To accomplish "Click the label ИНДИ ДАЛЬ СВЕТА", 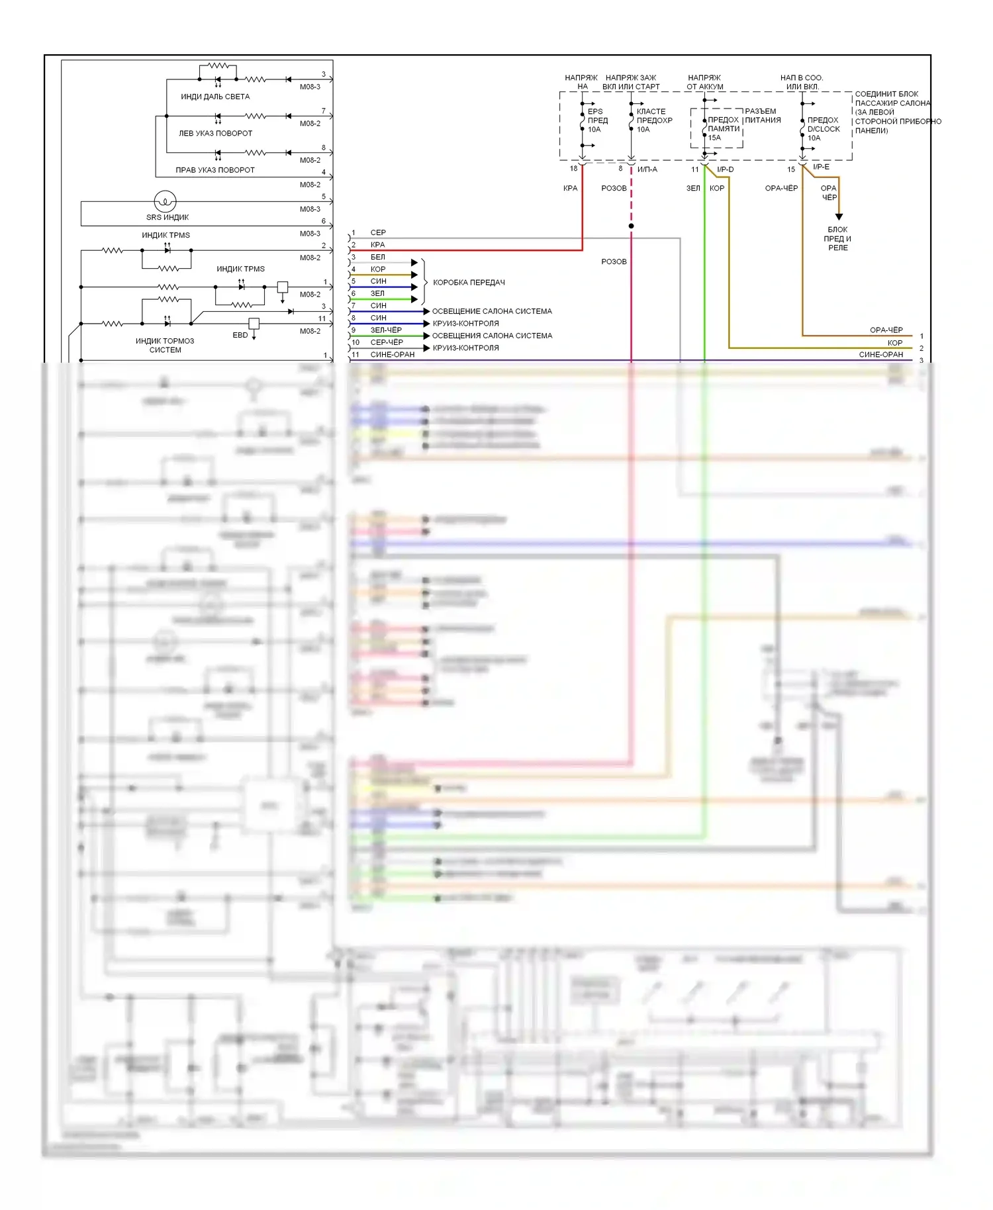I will [x=215, y=97].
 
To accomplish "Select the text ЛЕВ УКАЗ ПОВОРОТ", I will [x=215, y=133].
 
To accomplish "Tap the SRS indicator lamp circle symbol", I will [x=165, y=201].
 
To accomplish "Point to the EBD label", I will [x=240, y=335].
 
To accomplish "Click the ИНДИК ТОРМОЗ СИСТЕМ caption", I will [x=165, y=346].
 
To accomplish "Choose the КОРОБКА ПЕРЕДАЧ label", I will [x=469, y=283].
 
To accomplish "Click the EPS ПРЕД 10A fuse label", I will [x=597, y=120].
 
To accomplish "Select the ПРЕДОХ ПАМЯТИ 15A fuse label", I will [x=723, y=129].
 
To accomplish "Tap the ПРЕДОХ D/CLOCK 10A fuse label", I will [x=823, y=129].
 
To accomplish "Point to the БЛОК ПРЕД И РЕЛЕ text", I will [x=837, y=238].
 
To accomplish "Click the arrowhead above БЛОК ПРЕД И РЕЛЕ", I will [x=839, y=216].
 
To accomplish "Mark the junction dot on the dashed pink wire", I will [x=631, y=226].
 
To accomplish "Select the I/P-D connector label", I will [x=725, y=169].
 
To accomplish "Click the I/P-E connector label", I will [x=821, y=167].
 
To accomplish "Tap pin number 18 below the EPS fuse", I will [x=573, y=169].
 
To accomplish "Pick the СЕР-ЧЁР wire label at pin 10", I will [x=387, y=342].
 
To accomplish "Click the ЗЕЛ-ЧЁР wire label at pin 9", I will [x=386, y=330].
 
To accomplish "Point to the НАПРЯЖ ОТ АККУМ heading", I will [x=704, y=82].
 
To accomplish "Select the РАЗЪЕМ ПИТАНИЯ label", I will [x=763, y=116].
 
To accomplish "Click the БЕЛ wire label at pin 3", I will [x=378, y=257].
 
